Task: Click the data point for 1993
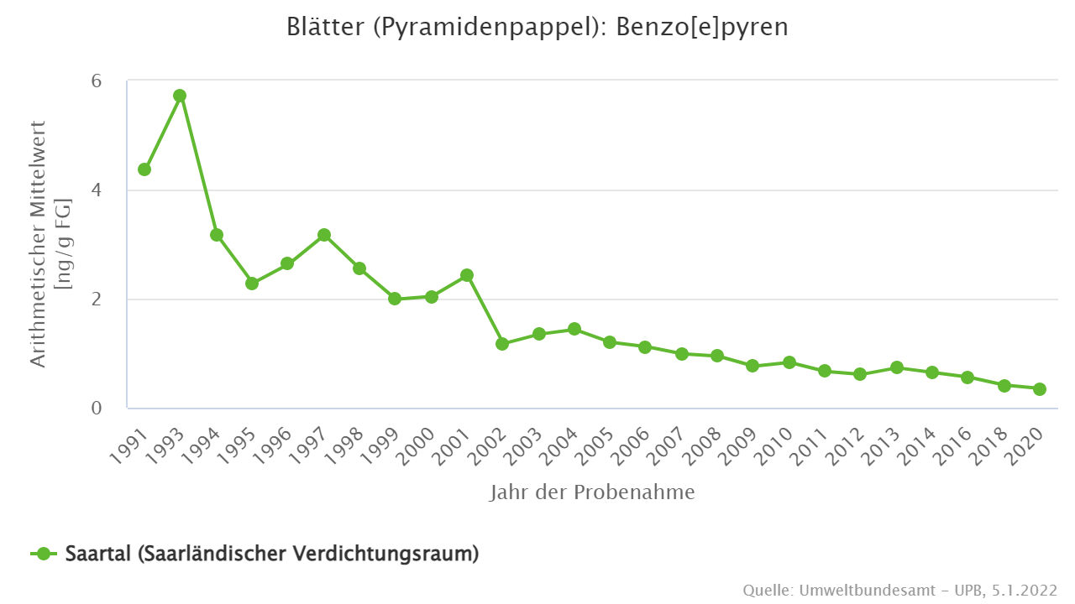pos(180,96)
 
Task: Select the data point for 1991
pos(144,169)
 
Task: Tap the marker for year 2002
pos(502,344)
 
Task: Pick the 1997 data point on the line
pos(324,235)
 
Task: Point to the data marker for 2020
pos(1039,389)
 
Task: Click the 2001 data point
pos(467,275)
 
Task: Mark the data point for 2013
pos(896,367)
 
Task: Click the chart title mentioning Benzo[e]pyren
pos(537,27)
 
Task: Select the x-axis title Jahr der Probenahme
pos(592,492)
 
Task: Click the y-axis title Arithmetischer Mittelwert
pos(39,243)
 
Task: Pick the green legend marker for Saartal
pos(44,554)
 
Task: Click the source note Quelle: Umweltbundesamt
pos(899,590)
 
